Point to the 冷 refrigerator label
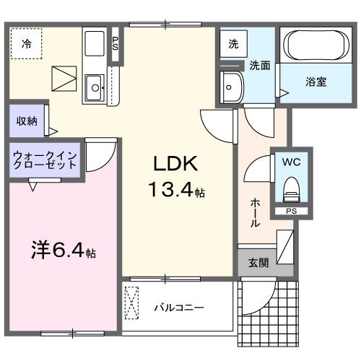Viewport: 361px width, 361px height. [x=26, y=43]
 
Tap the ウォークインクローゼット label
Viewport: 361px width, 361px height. [x=44, y=159]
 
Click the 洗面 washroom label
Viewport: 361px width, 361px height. [x=260, y=65]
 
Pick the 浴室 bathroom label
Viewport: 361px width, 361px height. [x=315, y=82]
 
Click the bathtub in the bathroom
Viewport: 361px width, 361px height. [x=316, y=45]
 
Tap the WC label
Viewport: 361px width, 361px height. [x=292, y=162]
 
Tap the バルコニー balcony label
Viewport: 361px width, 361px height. [x=178, y=308]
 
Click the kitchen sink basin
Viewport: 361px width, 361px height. [x=95, y=90]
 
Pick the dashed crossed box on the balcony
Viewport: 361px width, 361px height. [x=133, y=303]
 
